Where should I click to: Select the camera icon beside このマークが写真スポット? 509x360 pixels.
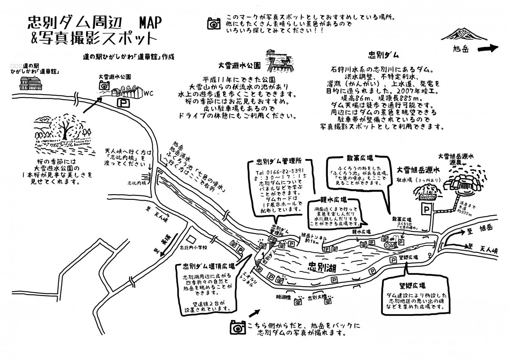(213, 23)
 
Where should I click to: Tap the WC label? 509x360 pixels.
(148, 93)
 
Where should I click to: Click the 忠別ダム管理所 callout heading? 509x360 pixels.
(274, 162)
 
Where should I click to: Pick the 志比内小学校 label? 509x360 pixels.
(193, 247)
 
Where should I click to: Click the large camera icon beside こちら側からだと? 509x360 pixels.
(238, 327)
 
